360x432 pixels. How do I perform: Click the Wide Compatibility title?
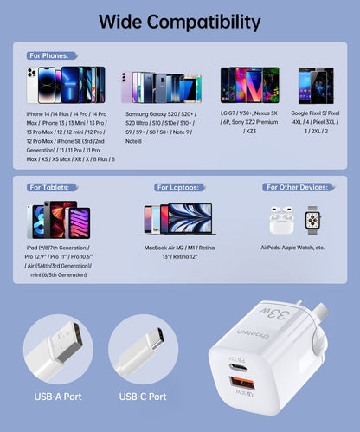tap(180, 22)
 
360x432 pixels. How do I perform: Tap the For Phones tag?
tap(48, 55)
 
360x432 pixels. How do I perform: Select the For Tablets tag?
tap(49, 187)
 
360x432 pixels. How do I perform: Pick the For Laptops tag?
tap(178, 187)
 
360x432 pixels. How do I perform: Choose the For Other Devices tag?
tap(295, 187)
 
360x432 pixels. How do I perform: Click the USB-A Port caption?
tap(58, 397)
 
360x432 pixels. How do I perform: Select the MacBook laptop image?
tap(188, 221)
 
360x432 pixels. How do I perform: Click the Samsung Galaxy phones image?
tap(161, 87)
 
